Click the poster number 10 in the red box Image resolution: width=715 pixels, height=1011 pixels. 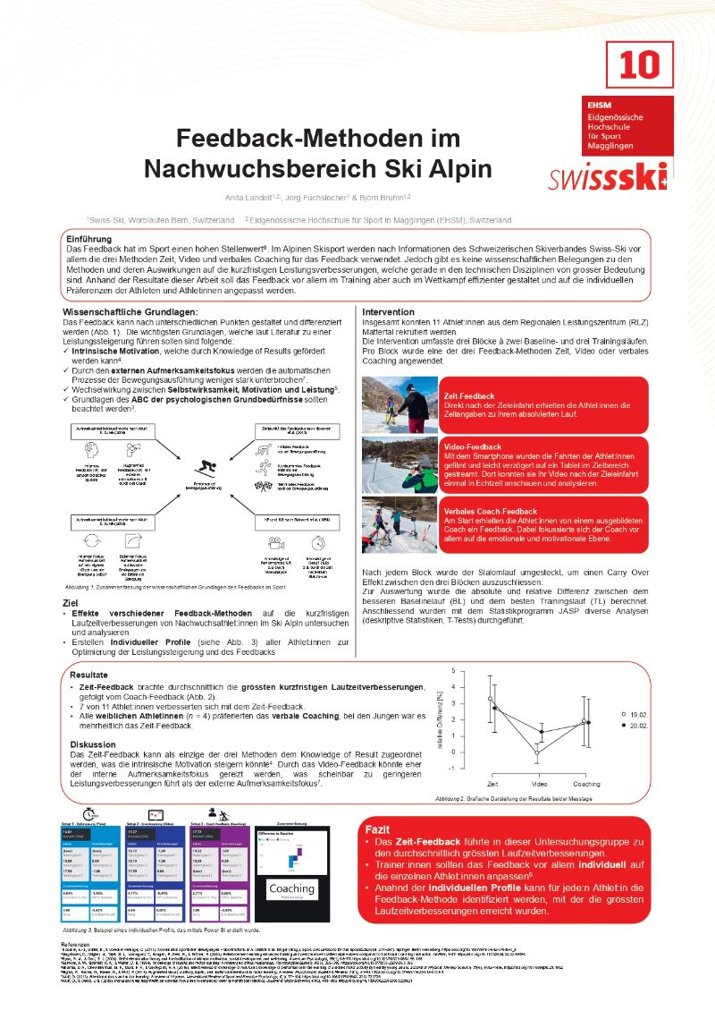click(x=639, y=64)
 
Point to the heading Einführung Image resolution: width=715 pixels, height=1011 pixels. click(x=89, y=240)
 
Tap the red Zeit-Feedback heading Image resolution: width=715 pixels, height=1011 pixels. click(x=468, y=395)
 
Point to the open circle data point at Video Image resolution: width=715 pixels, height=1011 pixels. click(x=537, y=752)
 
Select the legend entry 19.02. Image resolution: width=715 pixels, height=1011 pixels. click(x=635, y=714)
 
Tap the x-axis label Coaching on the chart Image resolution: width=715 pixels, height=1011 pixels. click(x=585, y=783)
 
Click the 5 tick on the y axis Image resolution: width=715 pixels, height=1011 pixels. click(x=453, y=670)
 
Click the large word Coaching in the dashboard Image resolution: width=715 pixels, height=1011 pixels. click(x=291, y=888)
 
